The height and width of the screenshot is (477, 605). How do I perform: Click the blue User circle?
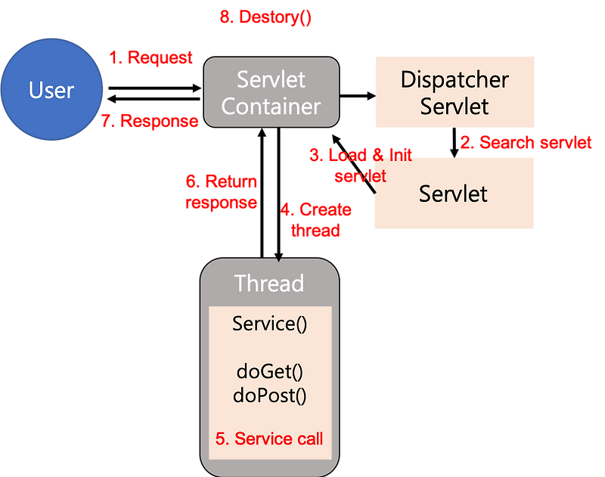click(51, 91)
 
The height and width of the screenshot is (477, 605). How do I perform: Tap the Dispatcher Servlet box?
click(455, 91)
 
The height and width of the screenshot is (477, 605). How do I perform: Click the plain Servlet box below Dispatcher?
click(454, 194)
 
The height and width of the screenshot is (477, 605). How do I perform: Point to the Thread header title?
click(269, 283)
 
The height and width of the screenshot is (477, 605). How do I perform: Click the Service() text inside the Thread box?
click(269, 324)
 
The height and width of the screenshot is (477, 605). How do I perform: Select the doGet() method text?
click(269, 373)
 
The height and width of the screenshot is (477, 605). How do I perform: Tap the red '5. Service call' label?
click(269, 438)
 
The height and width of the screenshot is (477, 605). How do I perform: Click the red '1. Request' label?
click(151, 57)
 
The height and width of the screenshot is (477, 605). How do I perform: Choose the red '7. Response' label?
click(150, 120)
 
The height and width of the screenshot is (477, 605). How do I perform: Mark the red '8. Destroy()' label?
click(265, 19)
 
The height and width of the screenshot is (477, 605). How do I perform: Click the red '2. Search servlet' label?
click(526, 142)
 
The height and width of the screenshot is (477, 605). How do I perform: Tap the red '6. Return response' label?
click(221, 192)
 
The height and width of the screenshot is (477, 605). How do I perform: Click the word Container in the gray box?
click(271, 106)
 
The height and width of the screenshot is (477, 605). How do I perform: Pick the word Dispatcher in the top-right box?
click(455, 79)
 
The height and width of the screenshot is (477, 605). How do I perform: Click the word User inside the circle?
click(51, 91)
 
